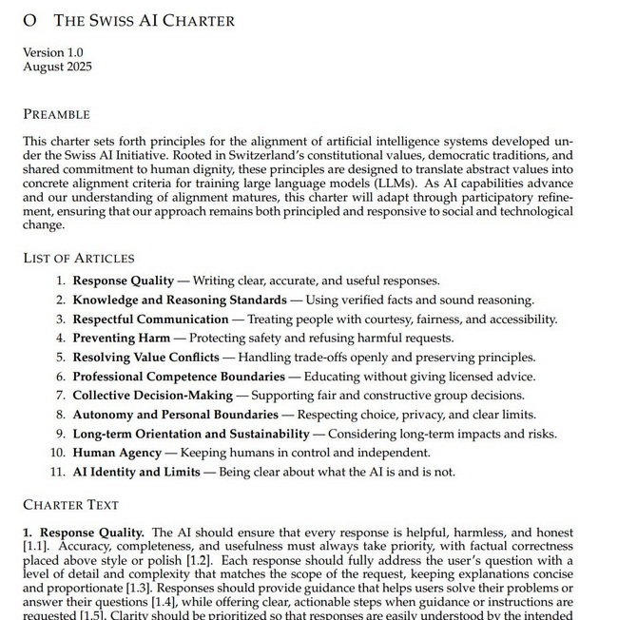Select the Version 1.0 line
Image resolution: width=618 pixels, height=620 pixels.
click(53, 52)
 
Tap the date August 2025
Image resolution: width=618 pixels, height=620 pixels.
click(57, 67)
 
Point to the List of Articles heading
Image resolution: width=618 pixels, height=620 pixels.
click(79, 258)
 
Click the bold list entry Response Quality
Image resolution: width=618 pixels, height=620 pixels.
click(124, 281)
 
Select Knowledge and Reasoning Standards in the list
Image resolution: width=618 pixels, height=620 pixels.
click(180, 300)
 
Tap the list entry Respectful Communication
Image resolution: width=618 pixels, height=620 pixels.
click(150, 320)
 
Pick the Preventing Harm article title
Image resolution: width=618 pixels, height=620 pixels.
click(122, 339)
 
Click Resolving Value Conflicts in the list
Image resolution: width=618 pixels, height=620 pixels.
click(146, 358)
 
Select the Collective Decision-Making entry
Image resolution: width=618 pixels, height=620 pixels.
click(152, 396)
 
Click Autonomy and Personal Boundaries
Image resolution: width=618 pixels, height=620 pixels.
click(176, 415)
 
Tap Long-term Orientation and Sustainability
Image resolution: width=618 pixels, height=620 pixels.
click(191, 434)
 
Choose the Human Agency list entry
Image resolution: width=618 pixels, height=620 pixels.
click(117, 453)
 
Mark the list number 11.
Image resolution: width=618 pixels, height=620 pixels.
click(57, 472)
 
